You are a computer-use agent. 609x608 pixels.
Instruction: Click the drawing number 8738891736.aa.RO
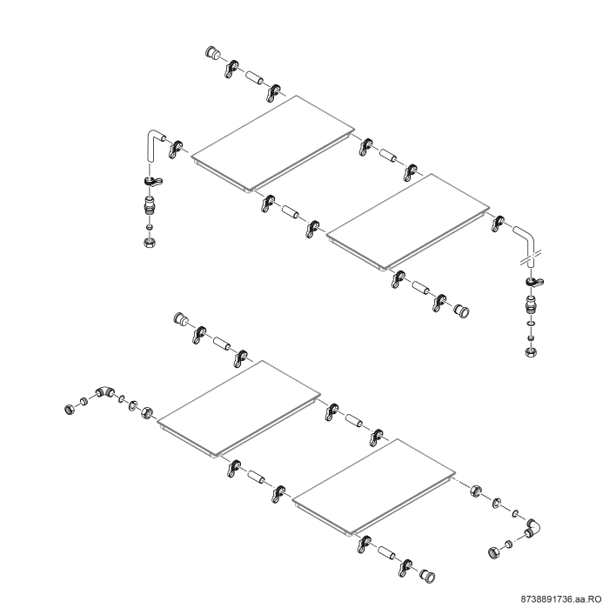(561, 600)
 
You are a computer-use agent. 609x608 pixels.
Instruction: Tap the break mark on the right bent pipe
(530, 257)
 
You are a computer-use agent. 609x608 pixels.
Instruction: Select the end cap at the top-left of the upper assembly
(212, 52)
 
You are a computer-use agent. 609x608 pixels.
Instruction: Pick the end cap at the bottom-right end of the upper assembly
(462, 311)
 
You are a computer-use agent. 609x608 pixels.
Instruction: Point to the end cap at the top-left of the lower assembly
(181, 318)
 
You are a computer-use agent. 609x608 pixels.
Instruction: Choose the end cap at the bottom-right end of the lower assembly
(428, 576)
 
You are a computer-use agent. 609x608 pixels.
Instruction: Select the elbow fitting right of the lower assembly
(534, 528)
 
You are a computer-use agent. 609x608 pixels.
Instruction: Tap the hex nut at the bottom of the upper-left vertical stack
(150, 243)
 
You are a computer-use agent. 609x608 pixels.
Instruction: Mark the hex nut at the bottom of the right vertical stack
(531, 351)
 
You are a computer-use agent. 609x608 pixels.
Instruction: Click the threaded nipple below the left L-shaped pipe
(150, 205)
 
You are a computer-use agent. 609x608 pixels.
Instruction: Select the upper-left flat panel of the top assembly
(273, 144)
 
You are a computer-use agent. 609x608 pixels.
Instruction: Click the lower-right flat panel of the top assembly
(408, 222)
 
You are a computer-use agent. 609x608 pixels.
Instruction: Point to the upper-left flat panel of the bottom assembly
(239, 409)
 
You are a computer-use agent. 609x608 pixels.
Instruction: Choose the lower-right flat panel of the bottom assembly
(373, 487)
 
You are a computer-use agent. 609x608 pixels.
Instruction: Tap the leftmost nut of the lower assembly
(70, 409)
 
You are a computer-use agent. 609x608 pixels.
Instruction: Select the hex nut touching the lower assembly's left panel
(148, 412)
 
